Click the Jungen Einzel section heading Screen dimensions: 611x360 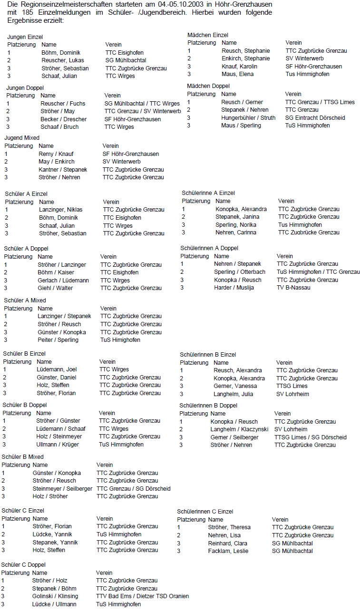click(25, 37)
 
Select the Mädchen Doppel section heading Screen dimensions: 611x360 click(208, 86)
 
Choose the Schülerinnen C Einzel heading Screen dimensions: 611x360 click(205, 512)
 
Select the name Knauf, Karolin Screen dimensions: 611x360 click(239, 67)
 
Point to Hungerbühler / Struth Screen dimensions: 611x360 click(248, 118)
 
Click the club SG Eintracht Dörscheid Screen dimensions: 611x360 click(315, 118)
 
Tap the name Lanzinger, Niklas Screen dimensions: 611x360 click(60, 210)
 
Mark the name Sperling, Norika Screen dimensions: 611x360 click(235, 225)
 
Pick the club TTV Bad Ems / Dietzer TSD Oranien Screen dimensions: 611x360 click(142, 596)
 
